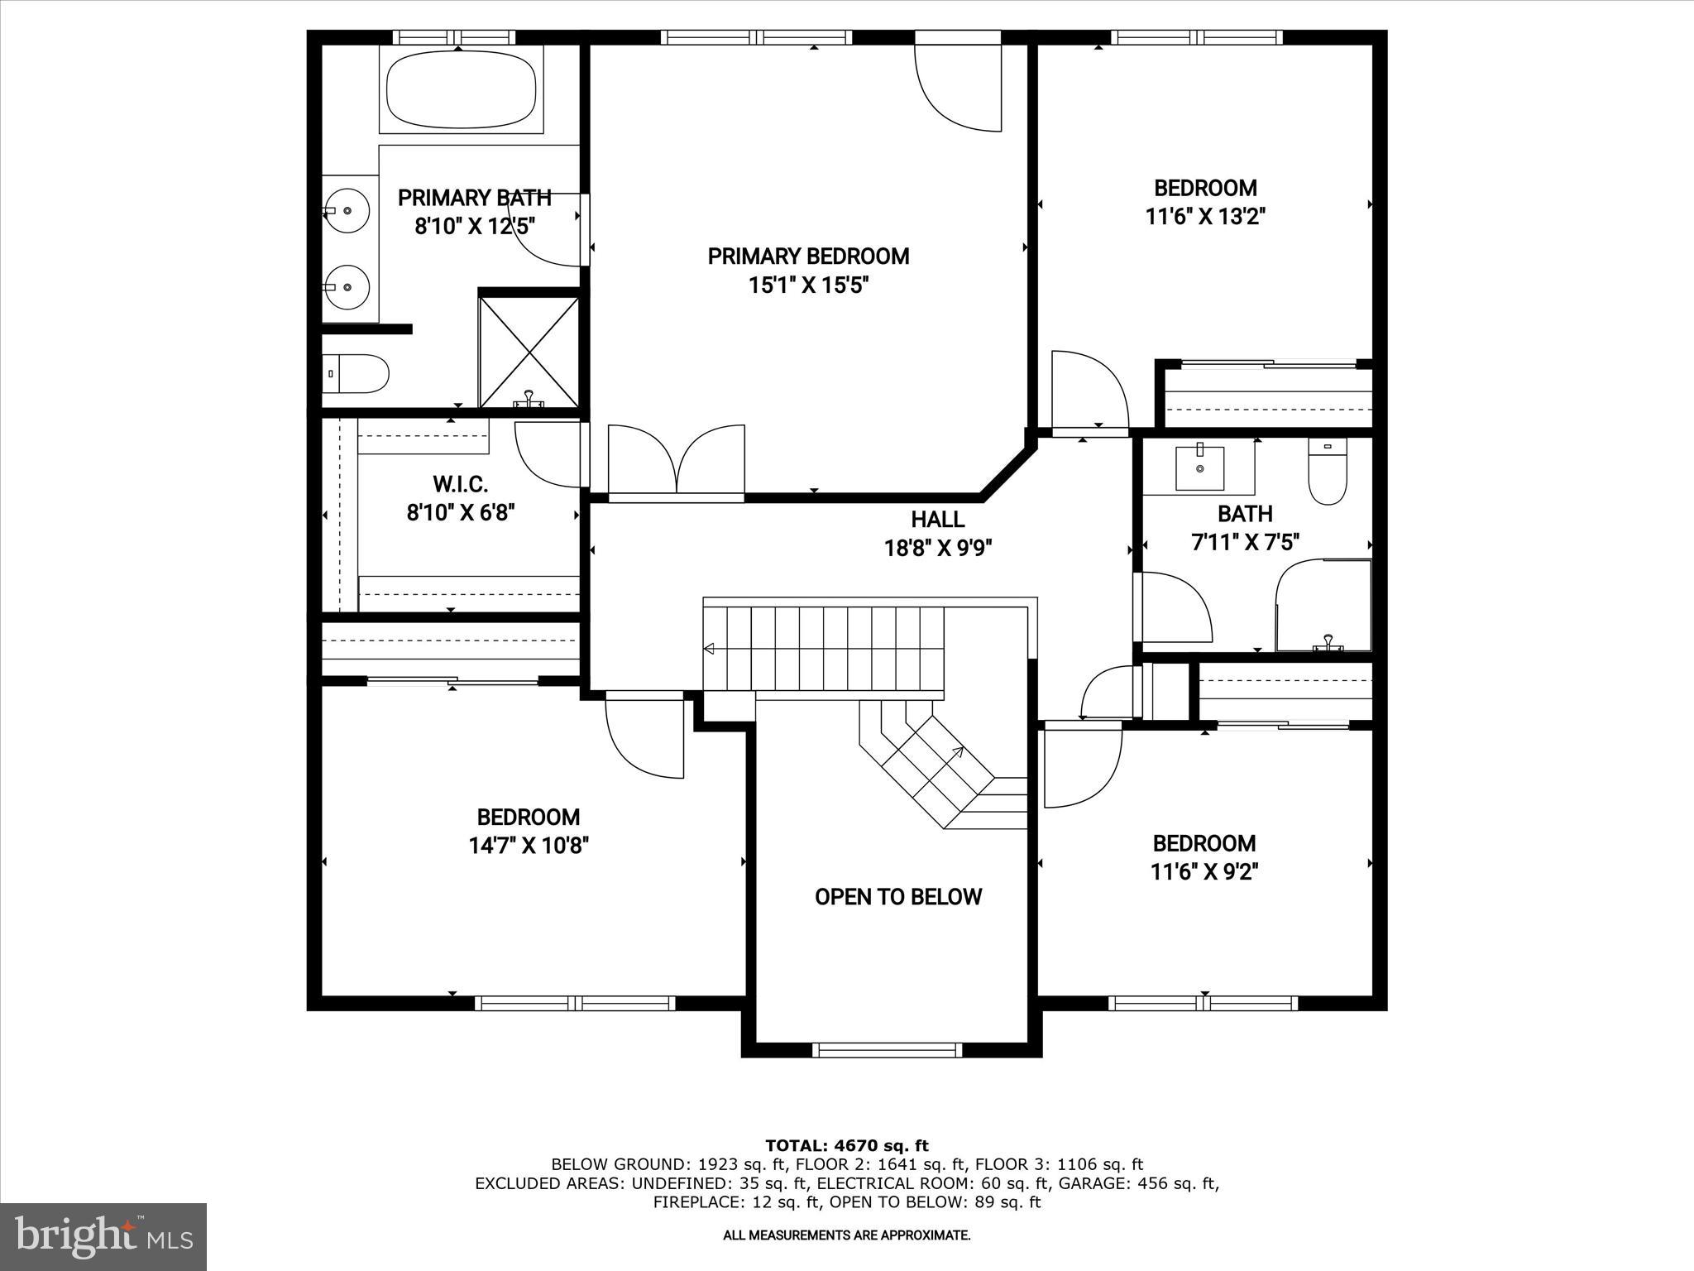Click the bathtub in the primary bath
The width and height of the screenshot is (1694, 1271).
tap(461, 89)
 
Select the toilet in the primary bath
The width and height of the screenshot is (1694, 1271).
tap(356, 374)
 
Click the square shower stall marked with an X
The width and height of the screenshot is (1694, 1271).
tap(529, 352)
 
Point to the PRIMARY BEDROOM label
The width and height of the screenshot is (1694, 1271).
tap(808, 257)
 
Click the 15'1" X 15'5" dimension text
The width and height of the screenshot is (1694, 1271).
tap(808, 286)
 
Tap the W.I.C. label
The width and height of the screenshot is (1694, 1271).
tap(460, 484)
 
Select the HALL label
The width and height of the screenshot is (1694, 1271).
tap(937, 520)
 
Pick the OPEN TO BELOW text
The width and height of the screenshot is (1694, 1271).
tap(897, 897)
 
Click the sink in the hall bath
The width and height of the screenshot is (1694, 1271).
tap(1199, 467)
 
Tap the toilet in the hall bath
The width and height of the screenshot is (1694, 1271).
tap(1328, 472)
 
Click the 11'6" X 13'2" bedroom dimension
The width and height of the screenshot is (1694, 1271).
tap(1205, 217)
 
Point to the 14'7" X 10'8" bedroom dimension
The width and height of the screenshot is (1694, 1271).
tap(529, 846)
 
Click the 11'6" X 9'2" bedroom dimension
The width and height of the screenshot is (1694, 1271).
tap(1204, 872)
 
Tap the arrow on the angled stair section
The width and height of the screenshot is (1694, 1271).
tap(958, 752)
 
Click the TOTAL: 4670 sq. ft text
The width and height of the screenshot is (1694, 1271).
tap(846, 1146)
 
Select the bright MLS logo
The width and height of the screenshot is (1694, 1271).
tap(103, 1236)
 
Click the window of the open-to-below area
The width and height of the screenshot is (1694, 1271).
tap(888, 1050)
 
